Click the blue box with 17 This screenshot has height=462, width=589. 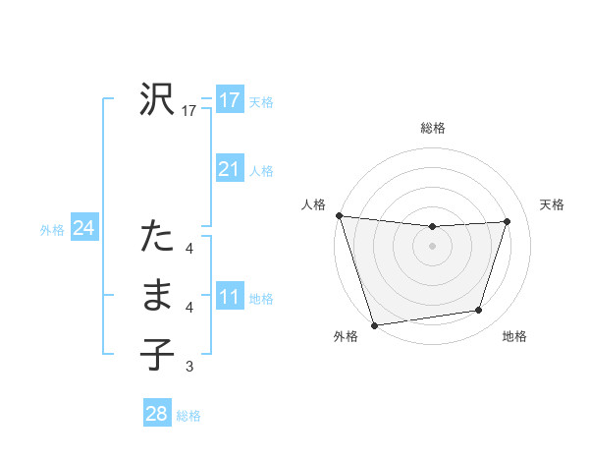230,100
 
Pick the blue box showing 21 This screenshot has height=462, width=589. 230,169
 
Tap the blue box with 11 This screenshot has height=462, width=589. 230,297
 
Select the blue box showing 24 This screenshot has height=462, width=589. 83,229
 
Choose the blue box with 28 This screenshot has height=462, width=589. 157,414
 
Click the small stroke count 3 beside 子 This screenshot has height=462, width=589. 189,368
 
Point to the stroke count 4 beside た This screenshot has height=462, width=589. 189,249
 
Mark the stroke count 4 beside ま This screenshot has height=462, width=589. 189,308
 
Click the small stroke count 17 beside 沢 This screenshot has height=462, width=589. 189,112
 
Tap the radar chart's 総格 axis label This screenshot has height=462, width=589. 433,128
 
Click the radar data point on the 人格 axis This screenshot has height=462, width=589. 339,215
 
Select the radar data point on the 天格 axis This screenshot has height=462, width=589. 508,221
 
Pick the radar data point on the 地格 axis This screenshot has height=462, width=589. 479,311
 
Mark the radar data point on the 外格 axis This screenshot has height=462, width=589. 374,325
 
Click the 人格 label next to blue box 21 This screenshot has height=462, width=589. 261,171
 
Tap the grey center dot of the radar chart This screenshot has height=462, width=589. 433,246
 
